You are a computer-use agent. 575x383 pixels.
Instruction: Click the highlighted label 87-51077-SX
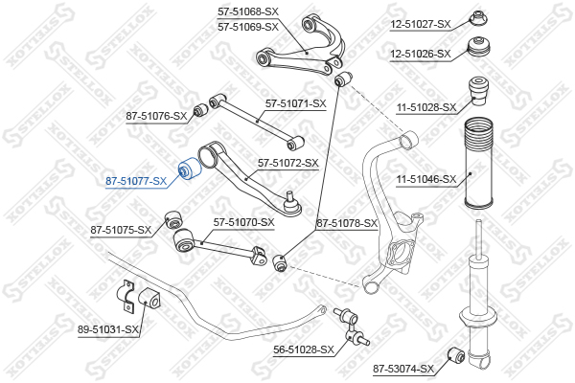click(135, 180)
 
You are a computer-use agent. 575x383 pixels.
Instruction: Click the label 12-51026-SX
click(419, 54)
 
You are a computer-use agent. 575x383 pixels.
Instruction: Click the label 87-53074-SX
click(403, 368)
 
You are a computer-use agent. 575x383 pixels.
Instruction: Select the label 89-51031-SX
click(107, 329)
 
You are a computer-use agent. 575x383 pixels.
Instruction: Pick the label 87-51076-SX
click(157, 116)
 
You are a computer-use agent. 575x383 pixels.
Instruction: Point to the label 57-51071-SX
click(296, 103)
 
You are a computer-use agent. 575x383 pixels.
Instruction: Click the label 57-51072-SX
click(287, 164)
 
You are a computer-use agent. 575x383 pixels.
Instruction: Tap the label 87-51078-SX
click(348, 223)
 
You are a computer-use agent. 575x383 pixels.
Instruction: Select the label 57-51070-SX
click(243, 222)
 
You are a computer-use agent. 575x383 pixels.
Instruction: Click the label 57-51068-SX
click(248, 11)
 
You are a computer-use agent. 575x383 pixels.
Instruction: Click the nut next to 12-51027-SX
click(476, 18)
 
